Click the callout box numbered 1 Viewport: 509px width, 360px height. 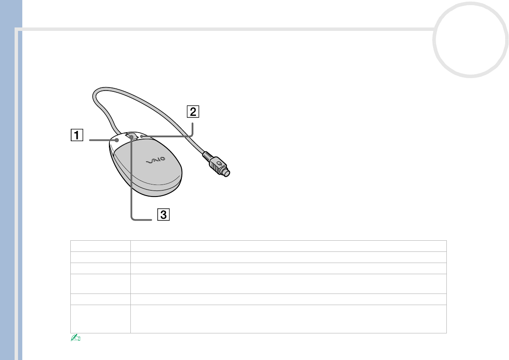(x=77, y=135)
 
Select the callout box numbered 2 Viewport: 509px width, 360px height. (x=193, y=112)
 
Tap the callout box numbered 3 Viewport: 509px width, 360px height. (x=163, y=215)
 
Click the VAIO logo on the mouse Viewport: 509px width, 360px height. (x=156, y=160)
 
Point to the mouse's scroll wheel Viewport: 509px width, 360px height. (x=131, y=136)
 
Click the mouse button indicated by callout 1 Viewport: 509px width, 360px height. (x=118, y=139)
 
